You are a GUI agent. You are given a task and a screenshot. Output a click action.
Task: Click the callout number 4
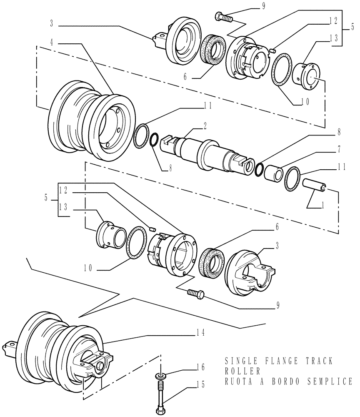click(x=52, y=43)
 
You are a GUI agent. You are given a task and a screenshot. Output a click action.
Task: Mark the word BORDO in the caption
click(x=284, y=381)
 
